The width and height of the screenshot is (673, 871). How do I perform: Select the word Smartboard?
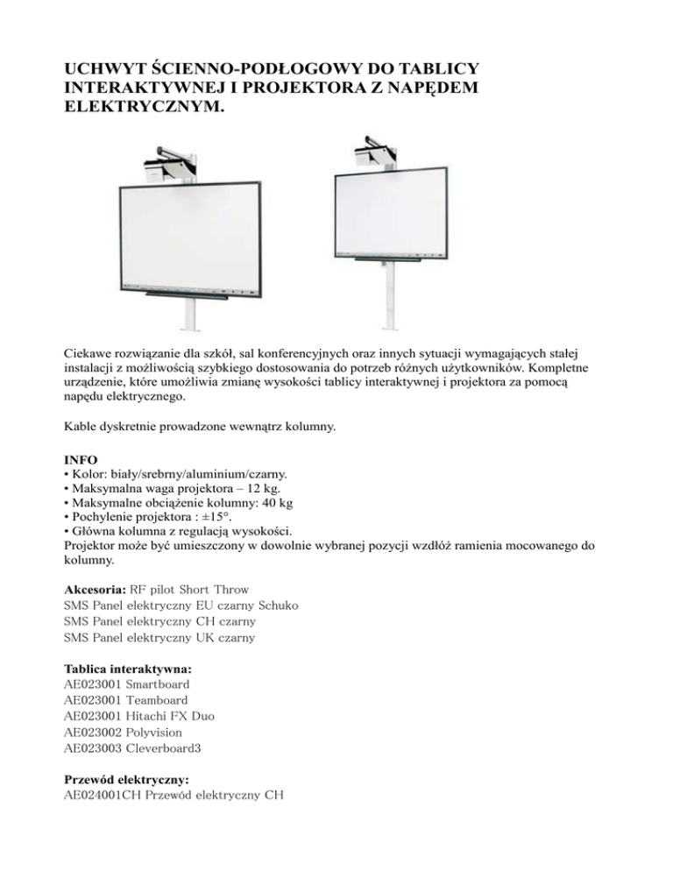(x=158, y=683)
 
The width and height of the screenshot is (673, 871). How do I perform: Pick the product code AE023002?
(x=94, y=731)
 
